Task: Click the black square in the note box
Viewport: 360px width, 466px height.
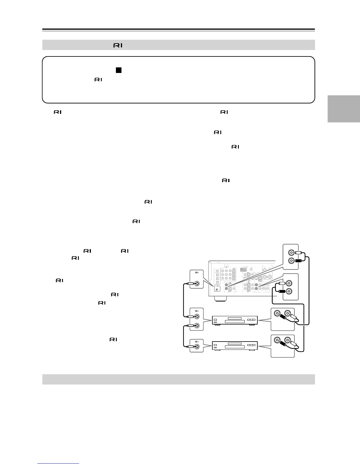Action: coord(119,70)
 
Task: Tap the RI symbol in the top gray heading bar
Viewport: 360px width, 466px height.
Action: coord(117,45)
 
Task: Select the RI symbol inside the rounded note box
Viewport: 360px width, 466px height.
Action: coord(98,80)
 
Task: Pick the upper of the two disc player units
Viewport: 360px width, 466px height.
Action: coord(235,320)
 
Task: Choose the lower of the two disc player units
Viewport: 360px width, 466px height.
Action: coord(235,345)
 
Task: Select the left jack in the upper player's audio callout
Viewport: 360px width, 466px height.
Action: coord(277,314)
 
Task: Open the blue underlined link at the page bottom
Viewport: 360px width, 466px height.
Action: coord(59,463)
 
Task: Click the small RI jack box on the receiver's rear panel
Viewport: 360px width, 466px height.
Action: coord(217,288)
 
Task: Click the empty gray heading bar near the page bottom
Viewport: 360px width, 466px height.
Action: coord(179,379)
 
